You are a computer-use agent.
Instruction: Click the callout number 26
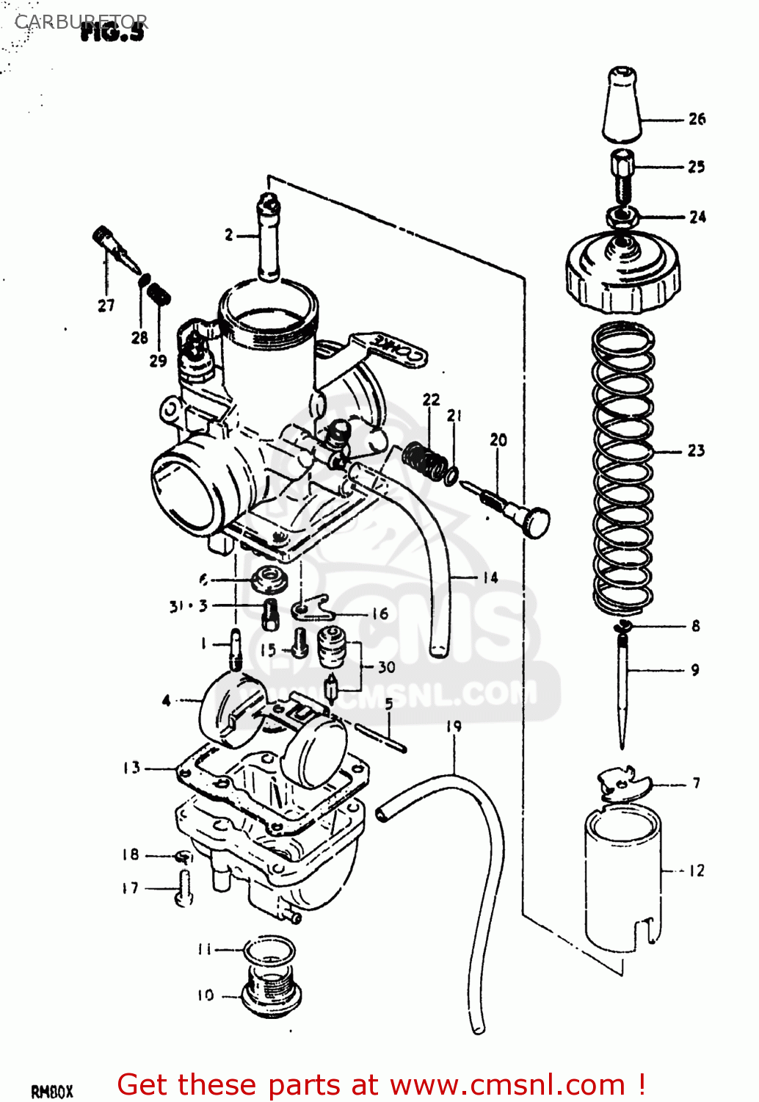pyautogui.click(x=697, y=119)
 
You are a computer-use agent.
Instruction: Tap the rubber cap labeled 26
pyautogui.click(x=622, y=104)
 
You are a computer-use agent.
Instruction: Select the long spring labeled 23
pyautogui.click(x=623, y=467)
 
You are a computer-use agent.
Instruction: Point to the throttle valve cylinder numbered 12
pyautogui.click(x=622, y=874)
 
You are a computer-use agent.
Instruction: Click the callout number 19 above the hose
pyautogui.click(x=454, y=727)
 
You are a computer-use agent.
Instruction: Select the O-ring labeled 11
pyautogui.click(x=269, y=949)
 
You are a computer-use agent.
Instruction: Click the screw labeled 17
pyautogui.click(x=184, y=887)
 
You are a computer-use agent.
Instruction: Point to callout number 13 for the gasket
pyautogui.click(x=131, y=768)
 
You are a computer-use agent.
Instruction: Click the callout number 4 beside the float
pyautogui.click(x=167, y=700)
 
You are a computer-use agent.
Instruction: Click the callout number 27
pyautogui.click(x=106, y=306)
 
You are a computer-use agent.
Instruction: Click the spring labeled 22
pyautogui.click(x=425, y=460)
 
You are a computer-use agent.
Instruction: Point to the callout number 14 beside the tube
pyautogui.click(x=490, y=577)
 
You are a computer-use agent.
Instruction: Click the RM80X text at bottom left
pyautogui.click(x=51, y=1092)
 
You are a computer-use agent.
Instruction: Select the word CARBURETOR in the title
pyautogui.click(x=81, y=22)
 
